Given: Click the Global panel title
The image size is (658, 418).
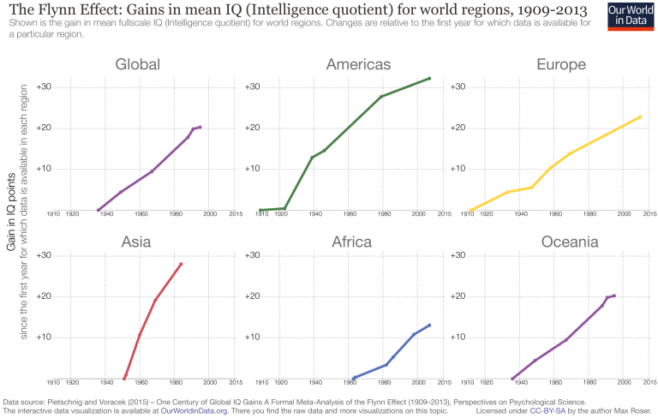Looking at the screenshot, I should coord(137,64).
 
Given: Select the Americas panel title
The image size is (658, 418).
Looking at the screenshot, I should coord(358,64).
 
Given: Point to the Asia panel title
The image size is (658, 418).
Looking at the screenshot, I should coord(137,242).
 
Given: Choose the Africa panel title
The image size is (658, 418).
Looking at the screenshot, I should coord(351,242).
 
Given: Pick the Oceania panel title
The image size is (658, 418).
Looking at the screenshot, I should coord(570,242).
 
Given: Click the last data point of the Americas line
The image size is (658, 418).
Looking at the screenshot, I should coord(429,78).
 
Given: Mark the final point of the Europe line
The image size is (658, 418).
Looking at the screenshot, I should coord(640,116).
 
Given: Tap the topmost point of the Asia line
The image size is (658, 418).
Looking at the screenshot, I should coord(181,264).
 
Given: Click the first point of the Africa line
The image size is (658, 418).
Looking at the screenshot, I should coord(354,378).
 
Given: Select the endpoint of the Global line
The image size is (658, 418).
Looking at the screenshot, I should coord(200,127).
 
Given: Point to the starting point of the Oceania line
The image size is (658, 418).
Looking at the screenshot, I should coord(512,379).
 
